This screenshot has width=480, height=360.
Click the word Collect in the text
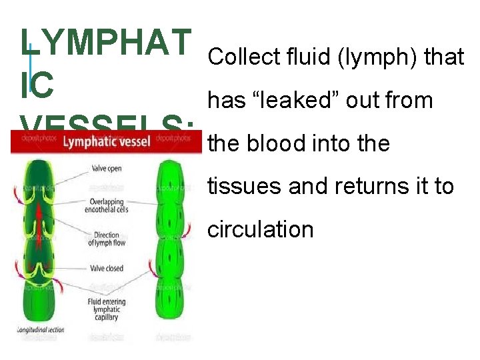(x=237, y=57)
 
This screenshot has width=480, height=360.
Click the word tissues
(x=245, y=187)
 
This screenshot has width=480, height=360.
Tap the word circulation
(x=260, y=229)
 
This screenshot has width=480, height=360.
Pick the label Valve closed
(x=105, y=268)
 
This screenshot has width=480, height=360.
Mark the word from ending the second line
(x=408, y=101)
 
